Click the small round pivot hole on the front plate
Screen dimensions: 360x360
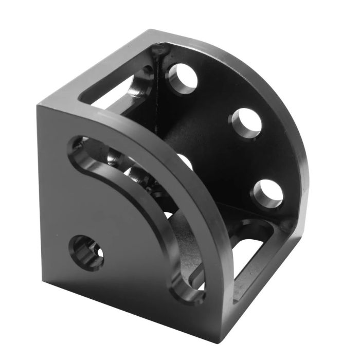pyautogui.click(x=87, y=252)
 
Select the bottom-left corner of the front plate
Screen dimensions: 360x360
pyautogui.click(x=43, y=280)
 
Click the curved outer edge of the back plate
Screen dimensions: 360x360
pyautogui.click(x=288, y=113)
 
